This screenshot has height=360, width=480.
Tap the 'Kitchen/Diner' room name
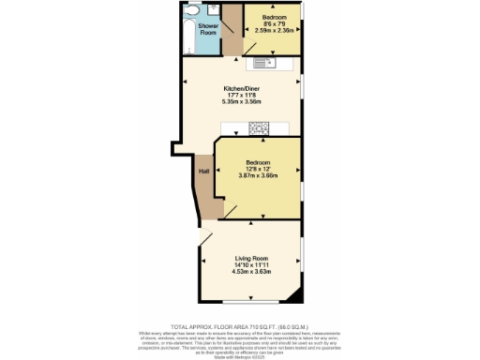(241, 88)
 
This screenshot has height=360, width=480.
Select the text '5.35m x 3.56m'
(241, 101)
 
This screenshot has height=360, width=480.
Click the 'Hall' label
(202, 171)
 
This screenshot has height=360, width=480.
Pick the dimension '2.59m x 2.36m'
(274, 31)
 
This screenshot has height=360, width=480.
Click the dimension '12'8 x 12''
(258, 169)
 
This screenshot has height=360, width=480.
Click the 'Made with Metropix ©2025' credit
(240, 352)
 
